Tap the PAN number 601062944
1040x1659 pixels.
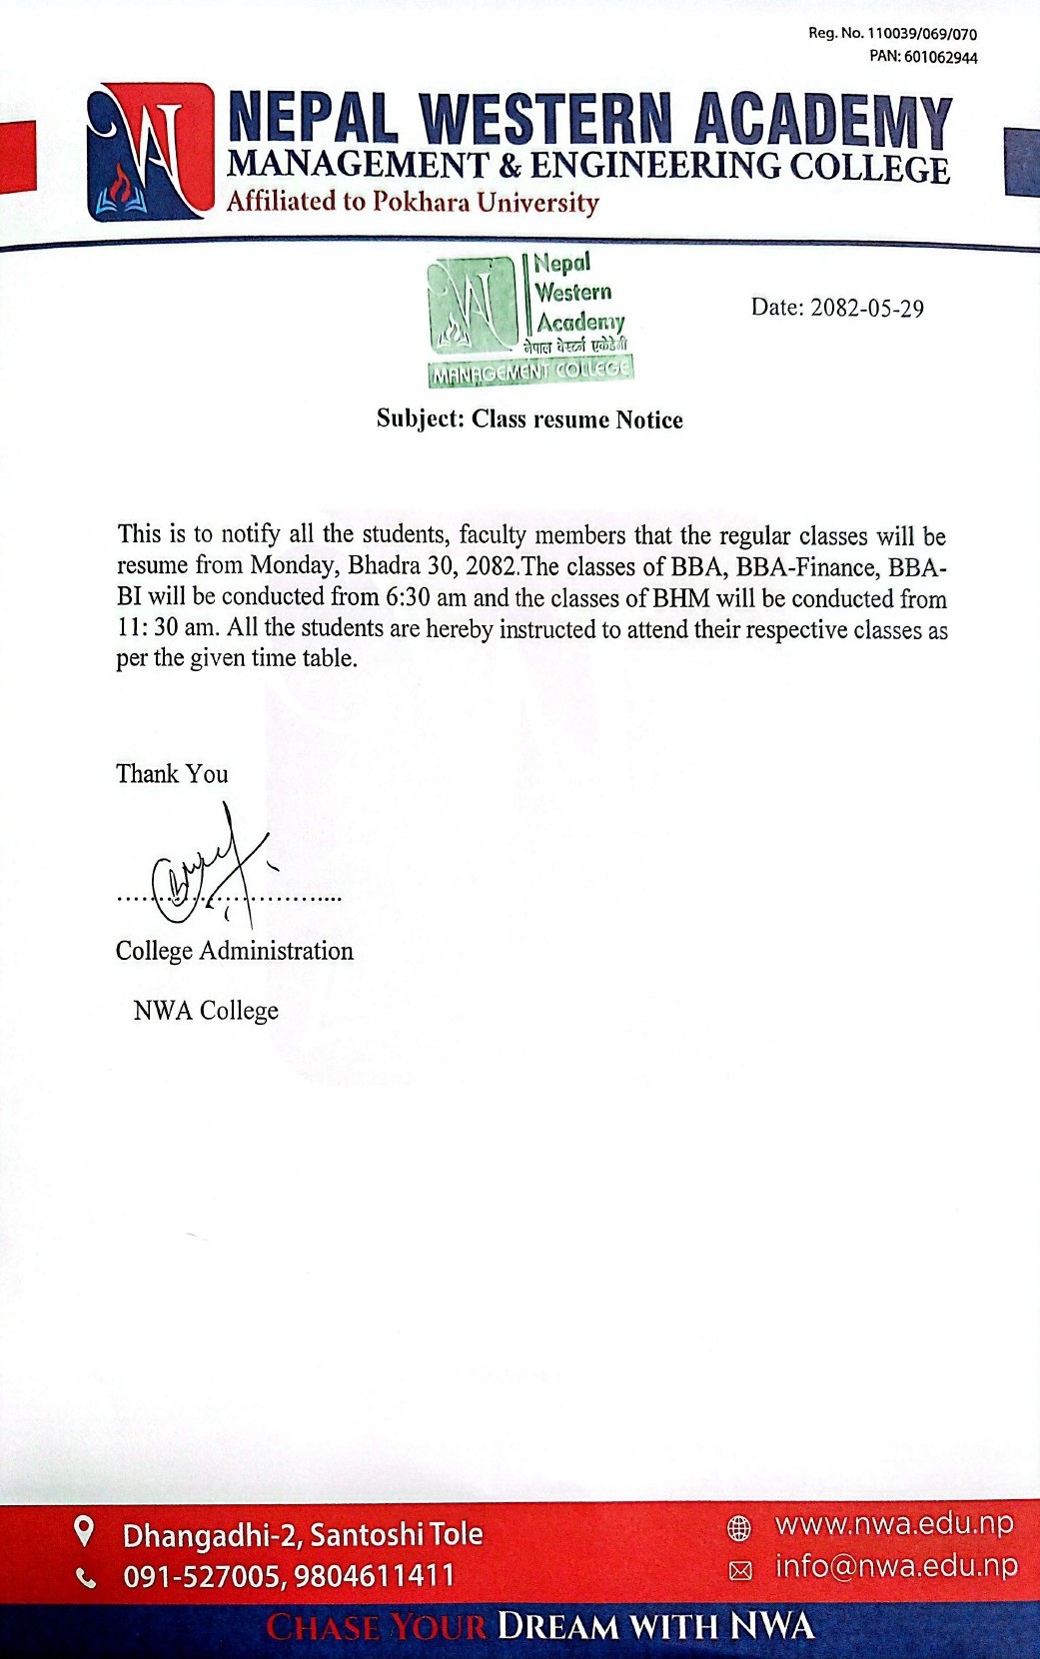941,57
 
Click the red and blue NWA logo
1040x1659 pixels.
150,152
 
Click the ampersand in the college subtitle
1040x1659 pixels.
510,166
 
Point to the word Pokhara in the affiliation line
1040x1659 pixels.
421,202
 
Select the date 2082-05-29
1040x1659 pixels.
866,308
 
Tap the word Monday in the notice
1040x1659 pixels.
293,566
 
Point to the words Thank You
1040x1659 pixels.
172,774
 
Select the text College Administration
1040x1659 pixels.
235,951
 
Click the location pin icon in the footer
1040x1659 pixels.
86,1530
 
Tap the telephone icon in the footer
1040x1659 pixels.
88,1578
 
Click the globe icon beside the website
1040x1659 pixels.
739,1527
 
